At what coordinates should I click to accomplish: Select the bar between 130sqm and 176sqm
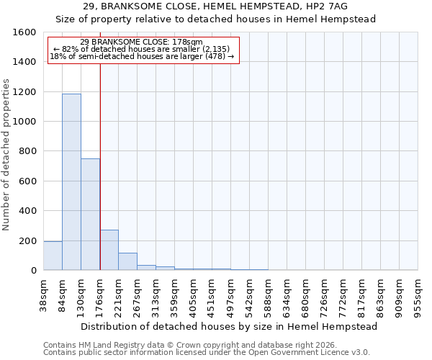pyautogui.click(x=90, y=215)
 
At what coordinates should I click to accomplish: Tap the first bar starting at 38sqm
pyautogui.click(x=53, y=256)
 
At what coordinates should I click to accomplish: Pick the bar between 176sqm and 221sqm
pyautogui.click(x=109, y=250)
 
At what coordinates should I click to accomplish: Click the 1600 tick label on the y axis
pyautogui.click(x=24, y=32)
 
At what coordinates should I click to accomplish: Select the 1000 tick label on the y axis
pyautogui.click(x=24, y=122)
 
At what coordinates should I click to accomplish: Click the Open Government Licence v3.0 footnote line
pyautogui.click(x=207, y=353)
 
